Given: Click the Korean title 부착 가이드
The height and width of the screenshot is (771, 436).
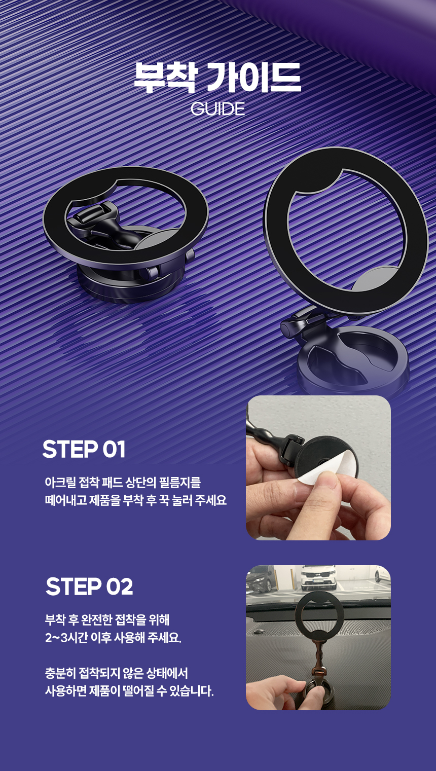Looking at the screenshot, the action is pos(217,77).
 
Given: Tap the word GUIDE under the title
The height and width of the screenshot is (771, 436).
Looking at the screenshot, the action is pos(217,109).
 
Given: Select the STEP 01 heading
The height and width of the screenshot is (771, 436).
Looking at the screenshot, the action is pos(84,449).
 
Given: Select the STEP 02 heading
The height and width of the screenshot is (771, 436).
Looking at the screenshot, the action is pos(89,586).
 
